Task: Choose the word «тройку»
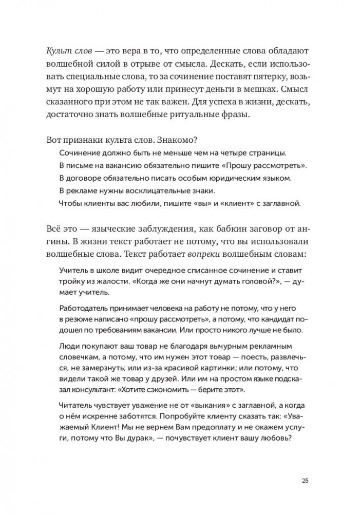tap(73, 281)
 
